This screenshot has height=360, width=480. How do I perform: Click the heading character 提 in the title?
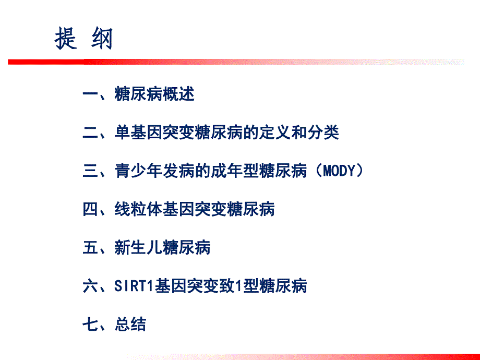pos(66,39)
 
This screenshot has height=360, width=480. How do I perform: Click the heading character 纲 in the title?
pos(102,39)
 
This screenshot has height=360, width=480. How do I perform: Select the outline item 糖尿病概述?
pos(154,94)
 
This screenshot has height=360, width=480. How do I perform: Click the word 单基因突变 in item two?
pos(154,133)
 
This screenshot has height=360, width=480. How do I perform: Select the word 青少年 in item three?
pos(138,171)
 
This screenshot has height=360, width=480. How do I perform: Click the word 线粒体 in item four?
pos(138,209)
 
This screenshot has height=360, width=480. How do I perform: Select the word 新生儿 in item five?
pos(138,247)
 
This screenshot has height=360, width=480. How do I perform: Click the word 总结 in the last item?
pos(130,324)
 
